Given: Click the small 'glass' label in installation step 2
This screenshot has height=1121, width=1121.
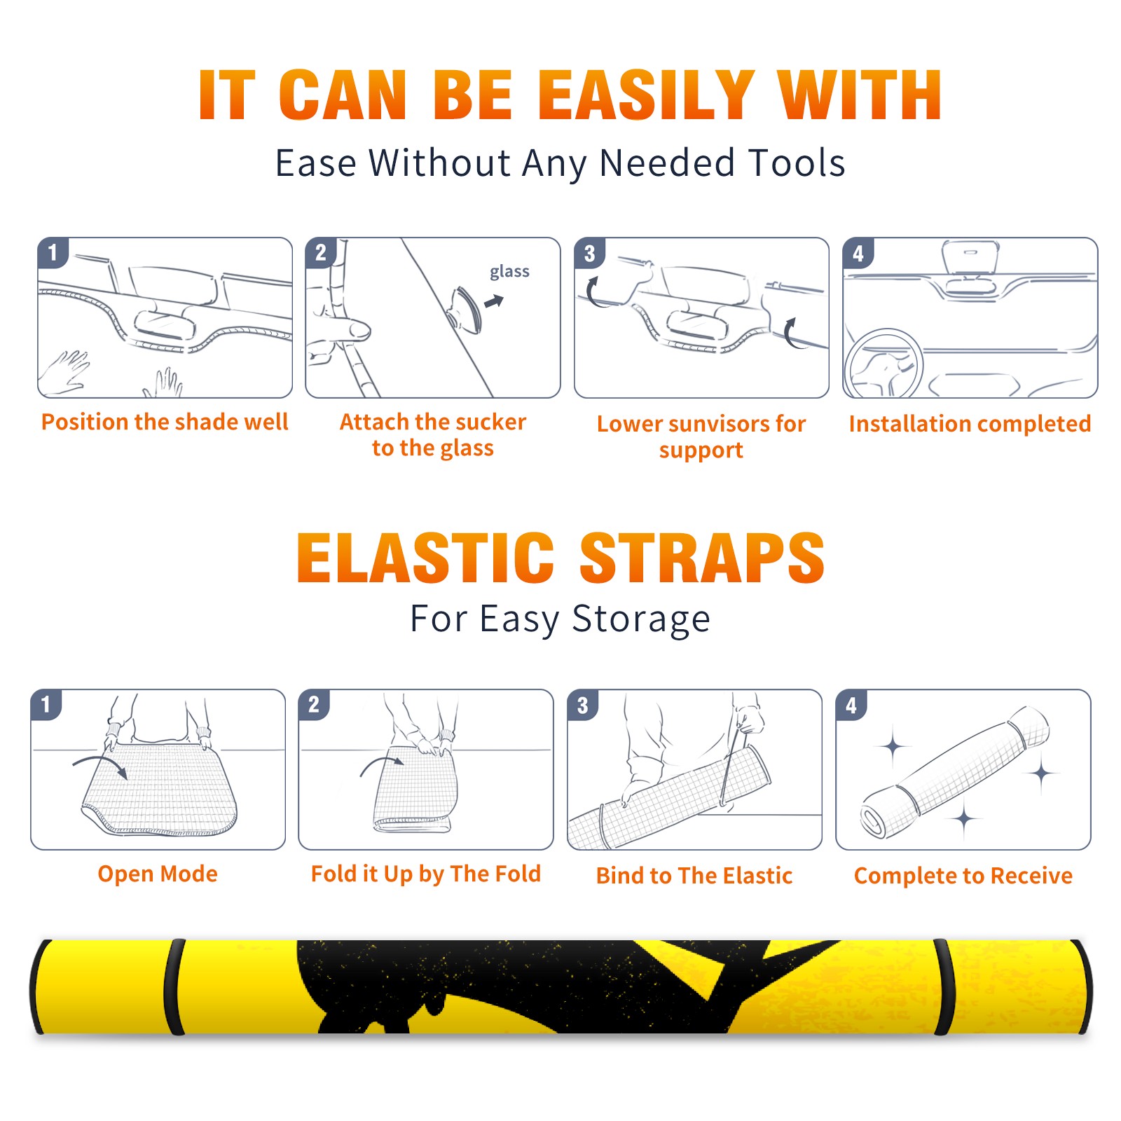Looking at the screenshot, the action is [509, 271].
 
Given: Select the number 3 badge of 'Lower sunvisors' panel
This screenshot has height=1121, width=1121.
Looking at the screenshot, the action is [589, 253].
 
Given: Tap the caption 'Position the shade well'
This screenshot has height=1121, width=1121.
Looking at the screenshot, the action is [165, 422].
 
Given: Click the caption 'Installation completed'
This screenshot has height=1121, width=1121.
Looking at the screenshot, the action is [970, 423].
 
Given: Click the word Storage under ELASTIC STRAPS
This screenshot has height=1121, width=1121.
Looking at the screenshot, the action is [641, 619].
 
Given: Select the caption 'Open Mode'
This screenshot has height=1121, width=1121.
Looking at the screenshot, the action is [158, 874].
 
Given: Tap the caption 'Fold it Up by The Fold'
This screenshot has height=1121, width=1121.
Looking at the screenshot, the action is [426, 874].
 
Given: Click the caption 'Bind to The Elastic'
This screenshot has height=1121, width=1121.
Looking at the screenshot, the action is [694, 875].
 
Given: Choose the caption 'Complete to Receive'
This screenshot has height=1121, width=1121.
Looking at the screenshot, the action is [963, 876].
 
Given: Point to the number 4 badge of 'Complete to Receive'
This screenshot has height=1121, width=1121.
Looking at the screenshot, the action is [851, 705].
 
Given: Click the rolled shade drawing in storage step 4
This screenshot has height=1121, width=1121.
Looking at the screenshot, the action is [955, 772].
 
